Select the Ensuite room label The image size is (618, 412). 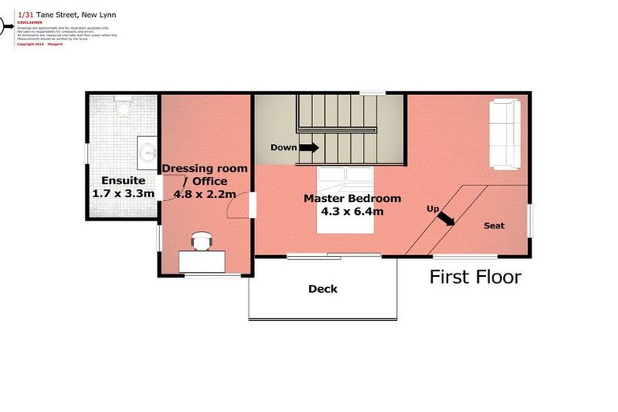click(x=122, y=181)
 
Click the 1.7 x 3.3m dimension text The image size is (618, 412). click(x=123, y=194)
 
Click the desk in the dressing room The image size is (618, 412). click(x=202, y=260)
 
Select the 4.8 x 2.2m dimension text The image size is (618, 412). click(x=204, y=194)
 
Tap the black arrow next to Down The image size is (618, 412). click(x=309, y=147)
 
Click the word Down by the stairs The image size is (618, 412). click(x=283, y=147)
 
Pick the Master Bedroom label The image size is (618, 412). click(x=352, y=198)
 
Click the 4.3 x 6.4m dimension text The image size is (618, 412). click(x=352, y=212)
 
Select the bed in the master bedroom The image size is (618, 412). click(x=347, y=201)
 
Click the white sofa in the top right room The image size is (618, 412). click(x=506, y=134)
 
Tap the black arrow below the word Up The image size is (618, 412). click(x=445, y=220)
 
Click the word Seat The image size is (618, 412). click(x=494, y=225)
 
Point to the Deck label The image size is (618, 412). click(x=323, y=289)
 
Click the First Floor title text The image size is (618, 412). click(x=475, y=278)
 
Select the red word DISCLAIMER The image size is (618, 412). click(x=30, y=23)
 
